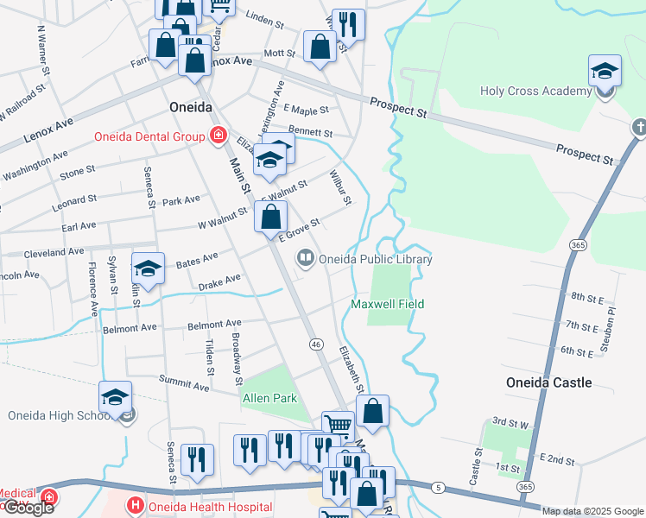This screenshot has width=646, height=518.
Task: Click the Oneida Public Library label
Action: [375, 259]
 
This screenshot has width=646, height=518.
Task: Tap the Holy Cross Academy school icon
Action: [605, 71]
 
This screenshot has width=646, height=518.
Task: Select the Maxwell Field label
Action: [388, 304]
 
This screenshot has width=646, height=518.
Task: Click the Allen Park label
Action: [269, 398]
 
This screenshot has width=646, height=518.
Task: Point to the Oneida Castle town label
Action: [548, 382]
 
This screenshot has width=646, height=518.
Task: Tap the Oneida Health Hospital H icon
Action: [134, 506]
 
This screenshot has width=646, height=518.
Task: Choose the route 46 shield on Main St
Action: [316, 344]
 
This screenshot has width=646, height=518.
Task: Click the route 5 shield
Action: [439, 489]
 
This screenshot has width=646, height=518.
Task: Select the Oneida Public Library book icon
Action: [305, 258]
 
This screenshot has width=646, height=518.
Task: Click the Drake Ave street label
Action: [219, 282]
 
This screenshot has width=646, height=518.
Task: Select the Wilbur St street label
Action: [340, 187]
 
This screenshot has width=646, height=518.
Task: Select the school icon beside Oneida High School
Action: [115, 397]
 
